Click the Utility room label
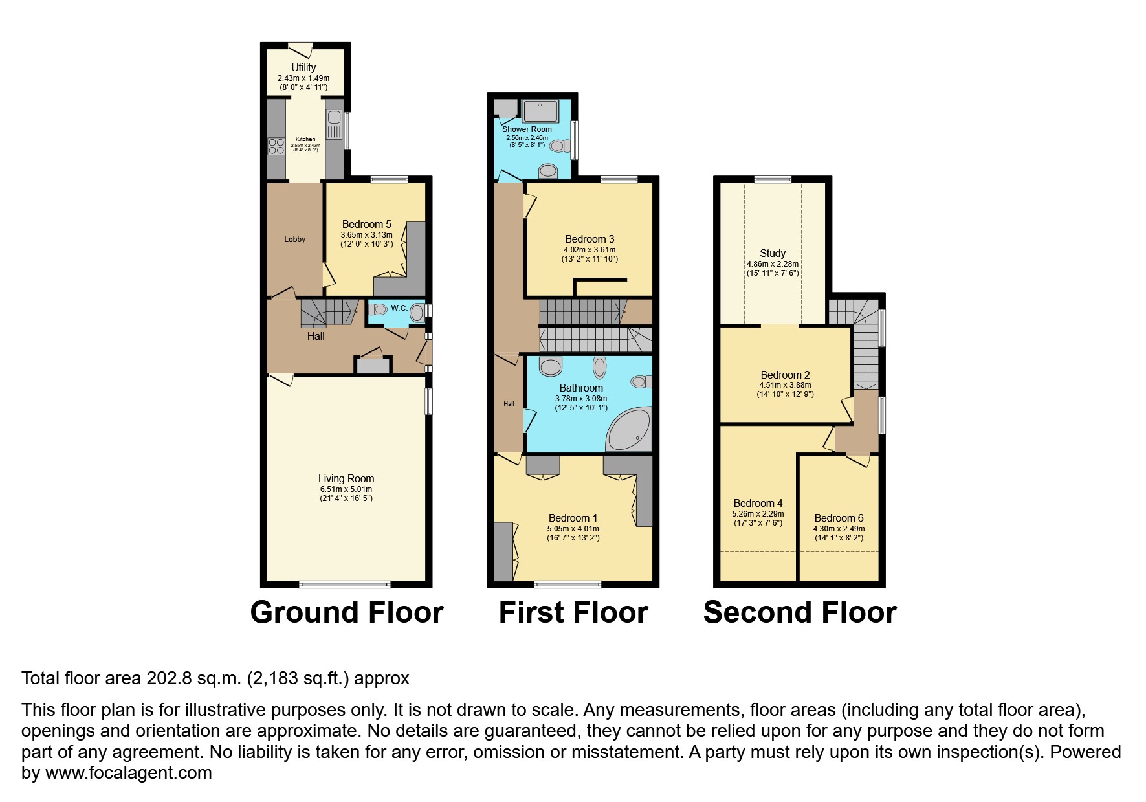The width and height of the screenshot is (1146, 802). click(303, 67)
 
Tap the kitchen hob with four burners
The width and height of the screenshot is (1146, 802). click(276, 147)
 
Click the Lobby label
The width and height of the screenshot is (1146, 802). click(294, 239)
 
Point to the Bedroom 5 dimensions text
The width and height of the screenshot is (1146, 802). click(366, 239)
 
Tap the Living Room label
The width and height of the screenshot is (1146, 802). click(346, 478)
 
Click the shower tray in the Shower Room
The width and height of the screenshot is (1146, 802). click(540, 111)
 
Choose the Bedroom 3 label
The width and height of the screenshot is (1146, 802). click(589, 239)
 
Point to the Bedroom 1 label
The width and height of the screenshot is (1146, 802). click(573, 518)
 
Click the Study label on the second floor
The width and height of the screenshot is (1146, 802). click(772, 253)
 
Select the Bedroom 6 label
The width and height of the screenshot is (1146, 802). click(839, 518)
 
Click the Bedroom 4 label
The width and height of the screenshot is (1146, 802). click(758, 503)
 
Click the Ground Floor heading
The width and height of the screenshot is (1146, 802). click(347, 612)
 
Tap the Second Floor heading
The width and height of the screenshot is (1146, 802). click(800, 612)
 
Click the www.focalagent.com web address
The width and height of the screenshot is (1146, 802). click(128, 773)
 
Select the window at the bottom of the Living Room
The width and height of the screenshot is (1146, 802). click(345, 585)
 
